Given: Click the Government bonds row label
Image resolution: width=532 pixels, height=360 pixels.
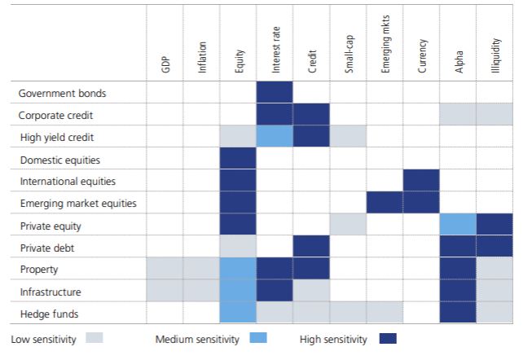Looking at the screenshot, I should click(x=62, y=93).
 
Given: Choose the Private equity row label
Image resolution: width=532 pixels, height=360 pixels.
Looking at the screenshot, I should click(x=51, y=225).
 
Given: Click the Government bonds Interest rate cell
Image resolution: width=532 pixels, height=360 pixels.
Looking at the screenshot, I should click(x=275, y=92).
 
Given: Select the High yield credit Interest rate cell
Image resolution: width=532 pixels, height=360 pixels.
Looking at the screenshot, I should click(x=275, y=136).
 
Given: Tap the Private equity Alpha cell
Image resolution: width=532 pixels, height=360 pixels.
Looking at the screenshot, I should click(x=458, y=225).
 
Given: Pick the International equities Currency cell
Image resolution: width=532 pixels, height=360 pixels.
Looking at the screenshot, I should click(x=421, y=180).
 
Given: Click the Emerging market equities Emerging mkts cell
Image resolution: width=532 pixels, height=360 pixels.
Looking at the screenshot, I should click(x=385, y=202).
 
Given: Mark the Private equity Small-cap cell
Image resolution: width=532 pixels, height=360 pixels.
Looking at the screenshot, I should click(x=348, y=225).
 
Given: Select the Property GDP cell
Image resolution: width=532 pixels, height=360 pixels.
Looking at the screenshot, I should click(x=165, y=268).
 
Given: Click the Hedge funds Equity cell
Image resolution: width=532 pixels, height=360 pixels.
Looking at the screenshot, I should click(x=238, y=312).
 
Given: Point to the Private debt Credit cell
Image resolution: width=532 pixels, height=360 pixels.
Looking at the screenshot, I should click(x=311, y=246).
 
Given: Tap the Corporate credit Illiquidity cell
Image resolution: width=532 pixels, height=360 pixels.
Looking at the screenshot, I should click(x=495, y=114).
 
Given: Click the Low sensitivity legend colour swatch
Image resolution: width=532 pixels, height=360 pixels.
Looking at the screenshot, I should click(x=94, y=339).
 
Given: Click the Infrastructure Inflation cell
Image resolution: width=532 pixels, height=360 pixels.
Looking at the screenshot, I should click(x=201, y=290).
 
